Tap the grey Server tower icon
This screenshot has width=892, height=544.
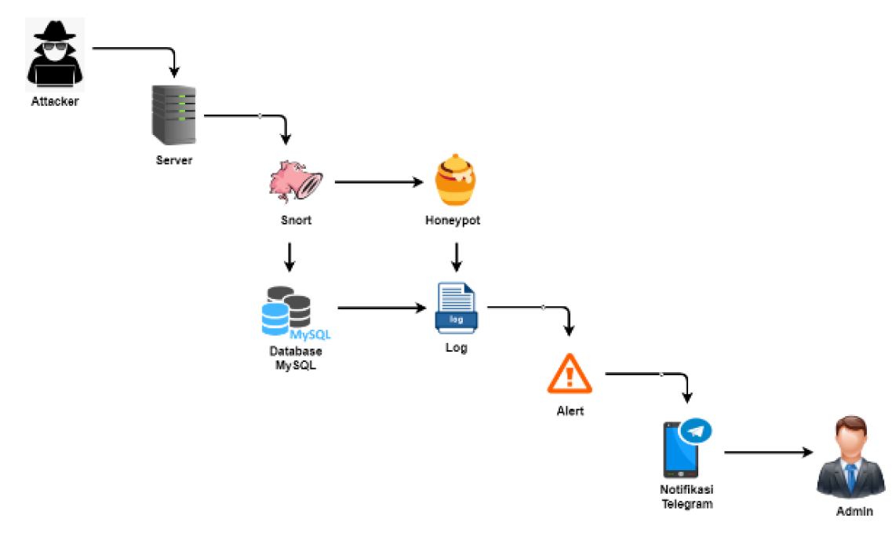173,115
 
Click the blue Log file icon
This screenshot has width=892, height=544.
456,308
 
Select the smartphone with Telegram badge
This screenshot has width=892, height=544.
681,450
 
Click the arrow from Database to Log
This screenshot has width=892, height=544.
381,309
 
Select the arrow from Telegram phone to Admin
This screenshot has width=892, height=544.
768,453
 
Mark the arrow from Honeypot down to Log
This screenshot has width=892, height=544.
456,256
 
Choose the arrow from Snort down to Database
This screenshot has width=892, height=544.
289,256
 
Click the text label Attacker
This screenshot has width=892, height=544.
55,101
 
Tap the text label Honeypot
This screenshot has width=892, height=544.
453,221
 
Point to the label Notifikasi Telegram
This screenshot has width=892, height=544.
686,497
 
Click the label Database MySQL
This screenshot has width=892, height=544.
296,357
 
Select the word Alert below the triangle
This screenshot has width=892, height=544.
570,411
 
